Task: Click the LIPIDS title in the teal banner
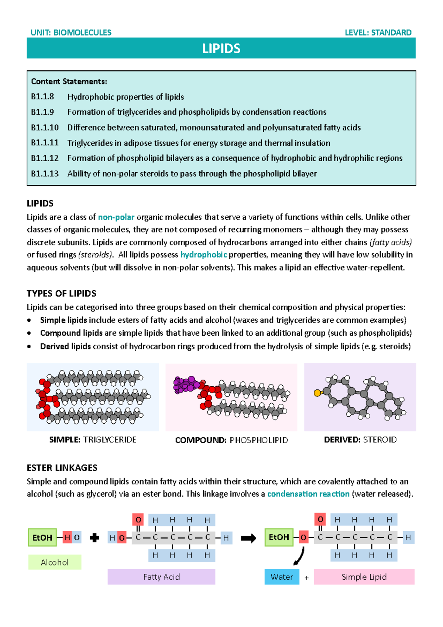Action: click(x=221, y=48)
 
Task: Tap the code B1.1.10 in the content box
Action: click(x=45, y=128)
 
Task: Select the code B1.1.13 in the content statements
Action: click(x=45, y=173)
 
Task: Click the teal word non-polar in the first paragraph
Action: click(x=116, y=217)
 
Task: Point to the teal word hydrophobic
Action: click(x=203, y=255)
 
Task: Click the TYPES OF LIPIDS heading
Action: click(x=61, y=294)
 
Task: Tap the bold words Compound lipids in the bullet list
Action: click(x=71, y=333)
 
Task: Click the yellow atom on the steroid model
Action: click(x=317, y=393)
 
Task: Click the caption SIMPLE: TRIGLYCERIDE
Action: click(x=93, y=440)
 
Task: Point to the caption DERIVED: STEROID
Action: click(x=360, y=440)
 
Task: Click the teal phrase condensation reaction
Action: click(x=308, y=494)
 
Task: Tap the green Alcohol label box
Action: click(x=55, y=562)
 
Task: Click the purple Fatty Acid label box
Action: click(x=161, y=577)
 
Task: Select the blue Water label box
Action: click(x=282, y=577)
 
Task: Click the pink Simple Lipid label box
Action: click(x=364, y=577)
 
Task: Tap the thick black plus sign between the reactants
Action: click(x=95, y=538)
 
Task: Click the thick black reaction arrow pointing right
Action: click(x=248, y=538)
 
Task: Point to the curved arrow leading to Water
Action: click(x=300, y=556)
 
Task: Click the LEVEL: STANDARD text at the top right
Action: click(x=378, y=33)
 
